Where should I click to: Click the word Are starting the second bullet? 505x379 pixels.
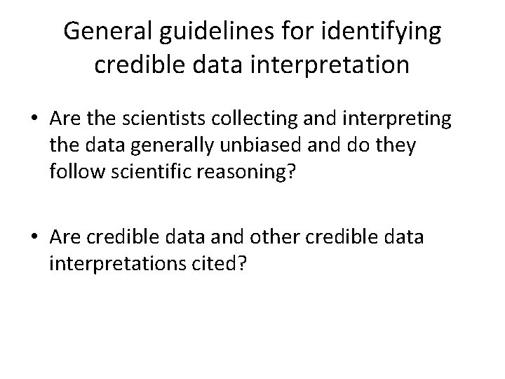65,237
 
